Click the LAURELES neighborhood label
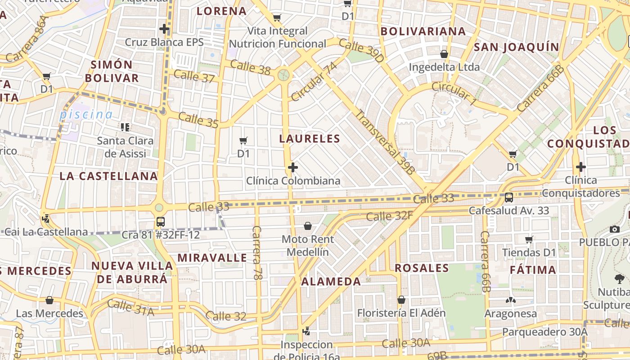pos(310,139)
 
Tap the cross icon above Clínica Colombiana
pos(293,168)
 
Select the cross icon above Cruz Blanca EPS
pos(164,29)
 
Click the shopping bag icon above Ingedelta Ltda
pos(444,54)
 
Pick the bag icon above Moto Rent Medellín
pos(308,225)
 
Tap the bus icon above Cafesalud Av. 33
pos(509,197)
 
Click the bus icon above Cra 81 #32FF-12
pos(161,221)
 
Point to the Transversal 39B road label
pos(385,142)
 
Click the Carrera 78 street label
pos(257,253)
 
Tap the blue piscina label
pos(86,114)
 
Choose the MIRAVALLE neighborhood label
pos(212,258)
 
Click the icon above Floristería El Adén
pos(401,300)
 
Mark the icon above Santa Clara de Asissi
pos(125,127)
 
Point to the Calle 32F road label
pos(389,216)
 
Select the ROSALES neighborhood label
pos(422,269)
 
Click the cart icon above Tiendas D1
pos(529,239)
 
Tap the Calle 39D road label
pos(361,50)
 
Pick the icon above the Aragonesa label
pos(510,300)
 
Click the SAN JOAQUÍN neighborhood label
pos(517,47)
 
